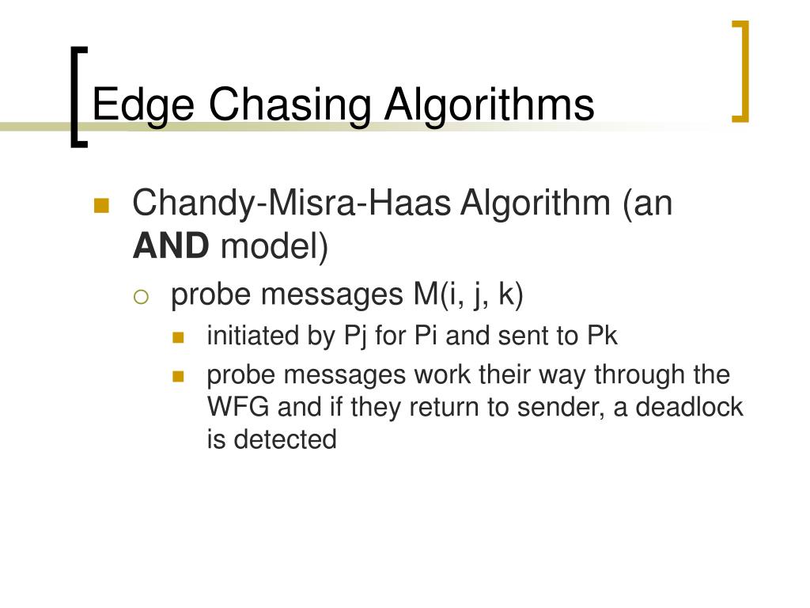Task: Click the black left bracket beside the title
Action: (x=77, y=97)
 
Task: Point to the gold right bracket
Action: (x=741, y=71)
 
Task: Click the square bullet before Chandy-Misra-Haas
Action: (x=100, y=206)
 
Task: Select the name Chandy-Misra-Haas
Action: (x=291, y=203)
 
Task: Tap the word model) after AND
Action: (x=274, y=246)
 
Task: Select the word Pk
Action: (x=602, y=336)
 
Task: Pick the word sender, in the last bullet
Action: (x=558, y=407)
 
